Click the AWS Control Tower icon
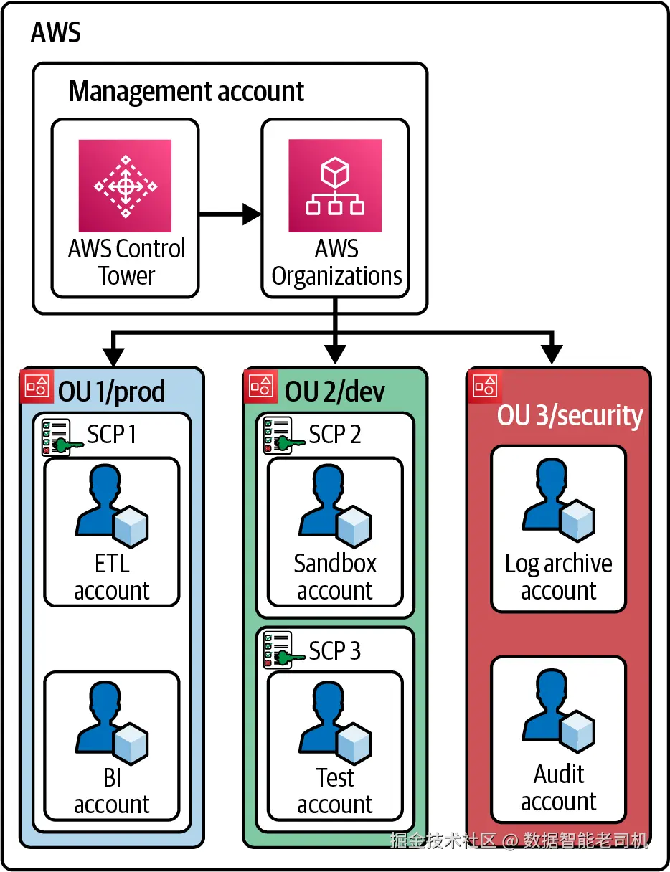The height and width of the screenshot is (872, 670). pyautogui.click(x=125, y=185)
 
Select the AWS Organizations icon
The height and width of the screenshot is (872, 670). pyautogui.click(x=335, y=185)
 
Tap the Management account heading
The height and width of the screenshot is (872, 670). pyautogui.click(x=187, y=92)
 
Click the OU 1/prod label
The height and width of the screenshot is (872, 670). pyautogui.click(x=111, y=392)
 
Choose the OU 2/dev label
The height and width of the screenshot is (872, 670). pyautogui.click(x=334, y=392)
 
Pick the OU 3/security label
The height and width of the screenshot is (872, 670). pyautogui.click(x=570, y=415)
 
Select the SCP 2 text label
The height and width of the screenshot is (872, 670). pyautogui.click(x=334, y=435)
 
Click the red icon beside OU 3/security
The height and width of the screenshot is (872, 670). pyautogui.click(x=485, y=386)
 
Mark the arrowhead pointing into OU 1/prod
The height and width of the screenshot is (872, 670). pyautogui.click(x=113, y=355)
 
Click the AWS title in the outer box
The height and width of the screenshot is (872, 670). pyautogui.click(x=56, y=33)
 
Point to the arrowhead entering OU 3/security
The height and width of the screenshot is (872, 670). pyautogui.click(x=551, y=355)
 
